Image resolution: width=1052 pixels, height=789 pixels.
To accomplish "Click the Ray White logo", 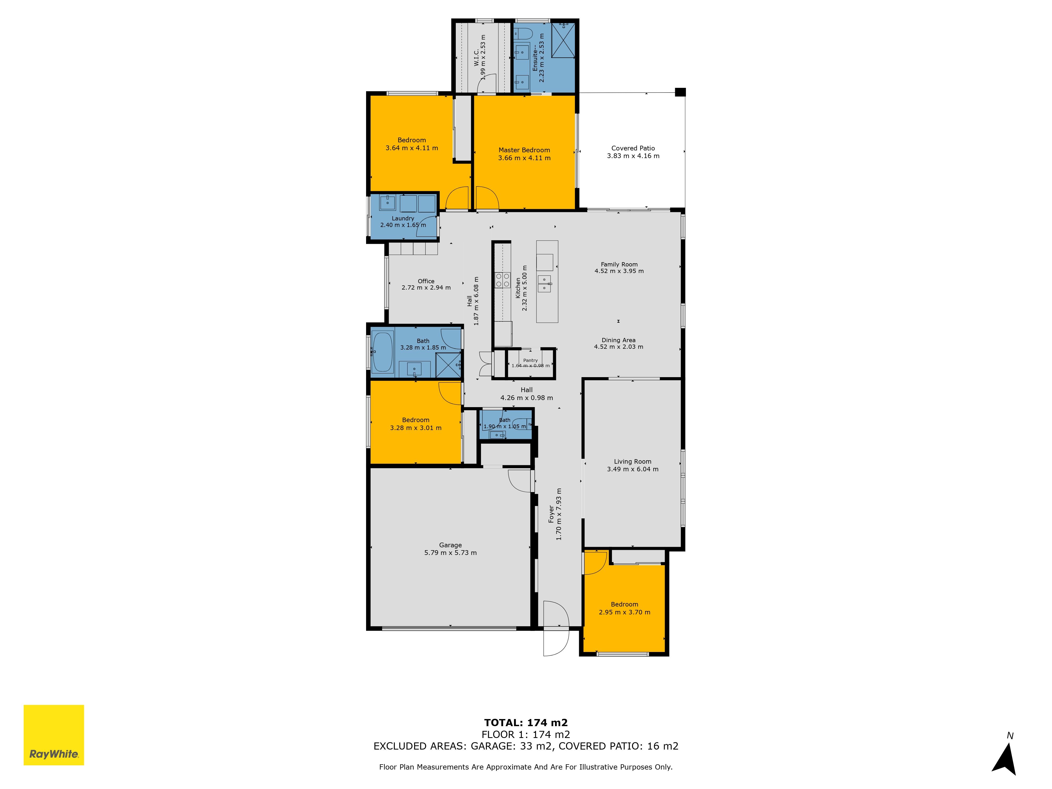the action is pos(54,735).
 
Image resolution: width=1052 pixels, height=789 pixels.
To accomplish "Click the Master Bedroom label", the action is pos(524,150).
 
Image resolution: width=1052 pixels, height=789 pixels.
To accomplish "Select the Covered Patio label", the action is pos(633,148).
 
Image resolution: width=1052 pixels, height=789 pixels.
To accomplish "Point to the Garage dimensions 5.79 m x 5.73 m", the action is pos(450,553).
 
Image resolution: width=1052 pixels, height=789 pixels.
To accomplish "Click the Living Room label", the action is pos(633,461).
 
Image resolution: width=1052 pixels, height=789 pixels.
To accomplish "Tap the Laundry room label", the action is pos(403,218).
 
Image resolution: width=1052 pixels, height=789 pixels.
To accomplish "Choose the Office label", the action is pos(426,281).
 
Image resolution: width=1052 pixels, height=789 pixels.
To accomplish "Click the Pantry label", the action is pos(530,361).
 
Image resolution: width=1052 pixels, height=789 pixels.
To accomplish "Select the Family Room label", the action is pos(619,264).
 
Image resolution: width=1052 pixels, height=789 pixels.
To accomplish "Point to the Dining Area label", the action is pos(618,340).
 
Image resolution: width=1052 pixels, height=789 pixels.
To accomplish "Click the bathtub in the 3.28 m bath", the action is pos(383,352).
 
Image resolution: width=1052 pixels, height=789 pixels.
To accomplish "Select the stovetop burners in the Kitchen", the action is pos(503,280).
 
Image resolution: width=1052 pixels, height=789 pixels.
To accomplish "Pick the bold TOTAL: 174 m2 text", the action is pos(526,723).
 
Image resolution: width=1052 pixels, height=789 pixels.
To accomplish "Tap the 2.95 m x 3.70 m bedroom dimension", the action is pos(624,612).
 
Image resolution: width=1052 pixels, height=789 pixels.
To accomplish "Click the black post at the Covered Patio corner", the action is pos(680,92).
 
